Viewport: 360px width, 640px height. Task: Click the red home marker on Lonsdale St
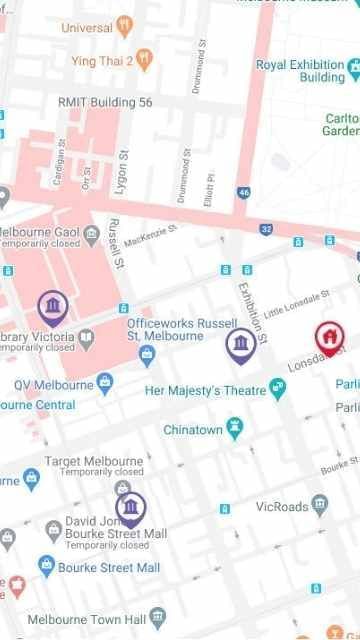point(326,336)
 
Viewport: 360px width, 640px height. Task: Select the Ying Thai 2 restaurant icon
point(144,59)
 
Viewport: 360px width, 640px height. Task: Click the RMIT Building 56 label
point(105,102)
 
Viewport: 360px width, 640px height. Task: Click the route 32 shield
point(266,229)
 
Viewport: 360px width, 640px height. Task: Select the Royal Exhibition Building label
point(300,71)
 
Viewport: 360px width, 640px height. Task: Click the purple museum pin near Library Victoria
point(53,304)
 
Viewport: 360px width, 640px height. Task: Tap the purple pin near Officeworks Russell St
point(239,345)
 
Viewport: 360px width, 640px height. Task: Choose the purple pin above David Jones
point(129,508)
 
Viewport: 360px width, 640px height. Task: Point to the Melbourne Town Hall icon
point(156,618)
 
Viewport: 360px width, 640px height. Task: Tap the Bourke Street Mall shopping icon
point(45,567)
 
